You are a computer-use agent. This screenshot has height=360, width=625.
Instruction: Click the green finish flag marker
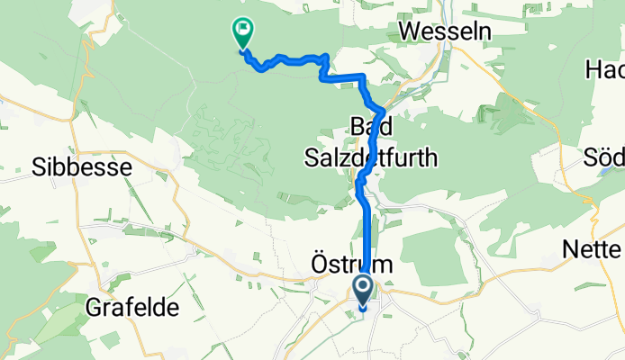pos(242,33)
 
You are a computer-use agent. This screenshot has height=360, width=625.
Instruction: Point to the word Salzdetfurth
pos(369,158)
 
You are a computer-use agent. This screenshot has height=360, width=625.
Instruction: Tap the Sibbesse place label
pos(82,167)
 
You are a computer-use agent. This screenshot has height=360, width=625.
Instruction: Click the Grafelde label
pos(132,308)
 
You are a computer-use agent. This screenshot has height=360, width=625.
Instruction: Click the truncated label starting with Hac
pos(605,70)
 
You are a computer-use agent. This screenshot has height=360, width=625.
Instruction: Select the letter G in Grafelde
pos(93,308)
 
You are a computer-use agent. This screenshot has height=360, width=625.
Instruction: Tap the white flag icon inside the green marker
pos(242,30)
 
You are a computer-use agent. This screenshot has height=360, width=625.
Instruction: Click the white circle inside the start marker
pos(364,289)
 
